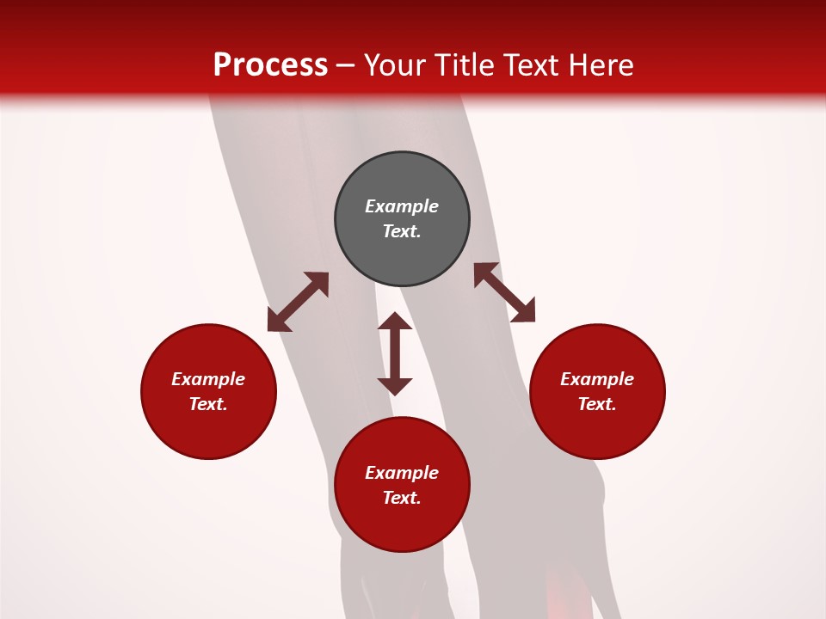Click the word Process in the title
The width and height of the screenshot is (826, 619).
pos(270,64)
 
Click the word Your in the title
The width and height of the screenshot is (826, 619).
pos(396,64)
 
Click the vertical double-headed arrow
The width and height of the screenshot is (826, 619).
pos(395,353)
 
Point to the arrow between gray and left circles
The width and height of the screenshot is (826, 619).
pos(298,302)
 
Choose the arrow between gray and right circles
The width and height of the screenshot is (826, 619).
pos(504,292)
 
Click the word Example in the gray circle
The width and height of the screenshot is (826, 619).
pos(402,206)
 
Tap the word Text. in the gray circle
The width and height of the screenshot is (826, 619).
pos(402,231)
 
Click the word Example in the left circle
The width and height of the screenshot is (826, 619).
pos(208,379)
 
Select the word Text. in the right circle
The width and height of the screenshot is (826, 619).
pos(597,404)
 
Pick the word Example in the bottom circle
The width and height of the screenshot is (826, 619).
pos(402,473)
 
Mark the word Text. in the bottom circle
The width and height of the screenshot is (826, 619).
pos(402,498)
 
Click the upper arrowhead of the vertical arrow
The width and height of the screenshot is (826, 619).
pos(395,322)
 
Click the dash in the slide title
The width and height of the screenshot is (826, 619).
pos(346,65)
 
